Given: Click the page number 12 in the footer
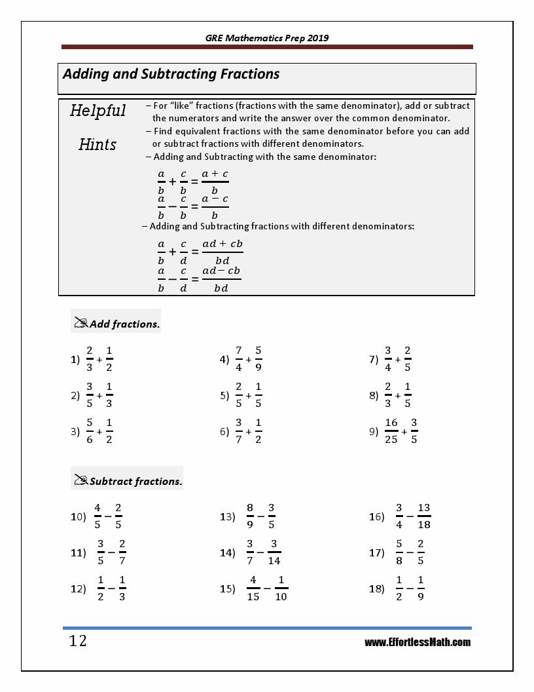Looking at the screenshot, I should (78, 641).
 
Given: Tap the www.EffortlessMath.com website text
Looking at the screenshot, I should (418, 642).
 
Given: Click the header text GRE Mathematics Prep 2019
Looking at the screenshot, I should (267, 38).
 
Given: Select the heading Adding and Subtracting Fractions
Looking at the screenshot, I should (171, 74).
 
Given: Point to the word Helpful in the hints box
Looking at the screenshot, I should (98, 111).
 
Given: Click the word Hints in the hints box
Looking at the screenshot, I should (98, 145).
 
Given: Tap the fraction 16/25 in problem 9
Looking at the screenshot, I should (391, 431).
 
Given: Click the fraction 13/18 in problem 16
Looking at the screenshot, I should (423, 516).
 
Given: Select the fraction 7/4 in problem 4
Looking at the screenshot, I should (239, 358).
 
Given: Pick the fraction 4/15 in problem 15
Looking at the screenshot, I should (253, 588).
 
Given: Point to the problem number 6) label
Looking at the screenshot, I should (224, 432).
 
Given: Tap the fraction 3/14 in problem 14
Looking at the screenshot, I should (274, 552).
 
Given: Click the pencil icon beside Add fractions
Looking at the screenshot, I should (81, 322).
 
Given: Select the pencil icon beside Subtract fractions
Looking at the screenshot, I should (81, 480).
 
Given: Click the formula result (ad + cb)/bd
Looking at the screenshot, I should (222, 252).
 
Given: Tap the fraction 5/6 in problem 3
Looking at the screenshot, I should (90, 431).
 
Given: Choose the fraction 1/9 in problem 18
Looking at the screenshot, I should (421, 588).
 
